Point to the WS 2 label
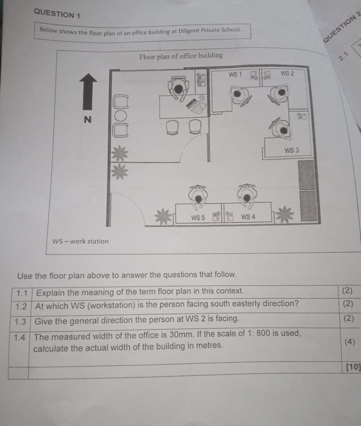(287, 73)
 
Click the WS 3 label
(291, 150)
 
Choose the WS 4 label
(248, 217)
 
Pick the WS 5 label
(198, 218)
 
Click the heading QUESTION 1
(57, 13)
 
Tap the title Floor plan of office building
(181, 56)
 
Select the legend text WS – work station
(81, 241)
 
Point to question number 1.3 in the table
(21, 321)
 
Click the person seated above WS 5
(198, 195)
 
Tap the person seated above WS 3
(282, 129)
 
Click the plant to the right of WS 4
(285, 214)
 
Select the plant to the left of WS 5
(163, 216)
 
